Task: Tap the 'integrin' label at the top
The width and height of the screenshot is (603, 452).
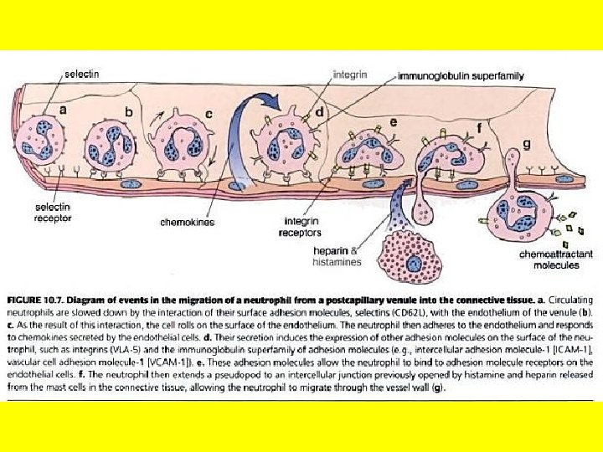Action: [x=350, y=74]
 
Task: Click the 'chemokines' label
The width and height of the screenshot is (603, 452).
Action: [x=187, y=223]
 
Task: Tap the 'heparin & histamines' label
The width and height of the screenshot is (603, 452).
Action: [x=338, y=256]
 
